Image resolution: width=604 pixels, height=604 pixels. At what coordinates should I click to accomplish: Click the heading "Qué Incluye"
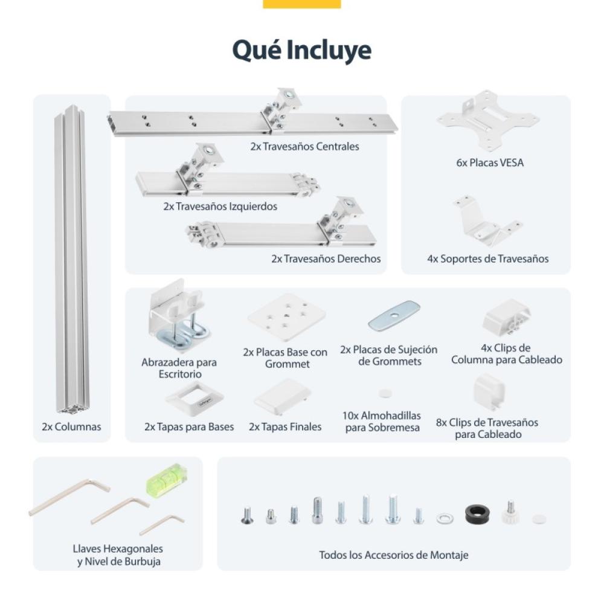pyautogui.click(x=301, y=50)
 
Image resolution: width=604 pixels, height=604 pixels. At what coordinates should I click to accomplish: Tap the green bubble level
pyautogui.click(x=167, y=480)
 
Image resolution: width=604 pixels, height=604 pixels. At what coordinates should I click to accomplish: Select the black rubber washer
pyautogui.click(x=477, y=515)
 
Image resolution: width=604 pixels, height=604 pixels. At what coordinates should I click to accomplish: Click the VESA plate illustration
pyautogui.click(x=487, y=120)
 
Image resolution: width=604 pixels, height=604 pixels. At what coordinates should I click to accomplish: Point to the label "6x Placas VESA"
pyautogui.click(x=490, y=162)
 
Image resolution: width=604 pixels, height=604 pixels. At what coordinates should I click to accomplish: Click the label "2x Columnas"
pyautogui.click(x=71, y=426)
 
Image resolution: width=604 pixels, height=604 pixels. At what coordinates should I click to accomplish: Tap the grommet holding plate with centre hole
pyautogui.click(x=394, y=315)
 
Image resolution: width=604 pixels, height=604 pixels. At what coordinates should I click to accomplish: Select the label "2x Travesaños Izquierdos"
pyautogui.click(x=220, y=207)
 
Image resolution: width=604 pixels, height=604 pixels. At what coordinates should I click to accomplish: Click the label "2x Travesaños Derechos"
pyautogui.click(x=326, y=259)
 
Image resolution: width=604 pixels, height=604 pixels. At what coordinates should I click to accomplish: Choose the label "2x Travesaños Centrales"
pyautogui.click(x=304, y=146)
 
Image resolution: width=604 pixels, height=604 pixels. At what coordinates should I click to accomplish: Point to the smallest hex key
pyautogui.click(x=162, y=524)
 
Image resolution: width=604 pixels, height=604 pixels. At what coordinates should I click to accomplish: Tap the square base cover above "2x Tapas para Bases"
pyautogui.click(x=194, y=398)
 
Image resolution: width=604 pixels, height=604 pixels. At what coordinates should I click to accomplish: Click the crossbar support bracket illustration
pyautogui.click(x=487, y=220)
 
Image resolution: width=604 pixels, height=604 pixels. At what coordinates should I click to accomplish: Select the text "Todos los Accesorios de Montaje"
pyautogui.click(x=394, y=554)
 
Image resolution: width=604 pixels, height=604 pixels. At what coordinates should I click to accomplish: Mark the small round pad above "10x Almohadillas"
pyautogui.click(x=385, y=393)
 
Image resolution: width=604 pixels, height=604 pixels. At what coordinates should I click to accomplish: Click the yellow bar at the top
pyautogui.click(x=301, y=4)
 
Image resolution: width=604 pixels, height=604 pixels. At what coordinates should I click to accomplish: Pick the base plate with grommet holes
pyautogui.click(x=286, y=316)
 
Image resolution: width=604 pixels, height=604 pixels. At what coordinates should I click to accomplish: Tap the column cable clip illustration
pyautogui.click(x=506, y=318)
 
